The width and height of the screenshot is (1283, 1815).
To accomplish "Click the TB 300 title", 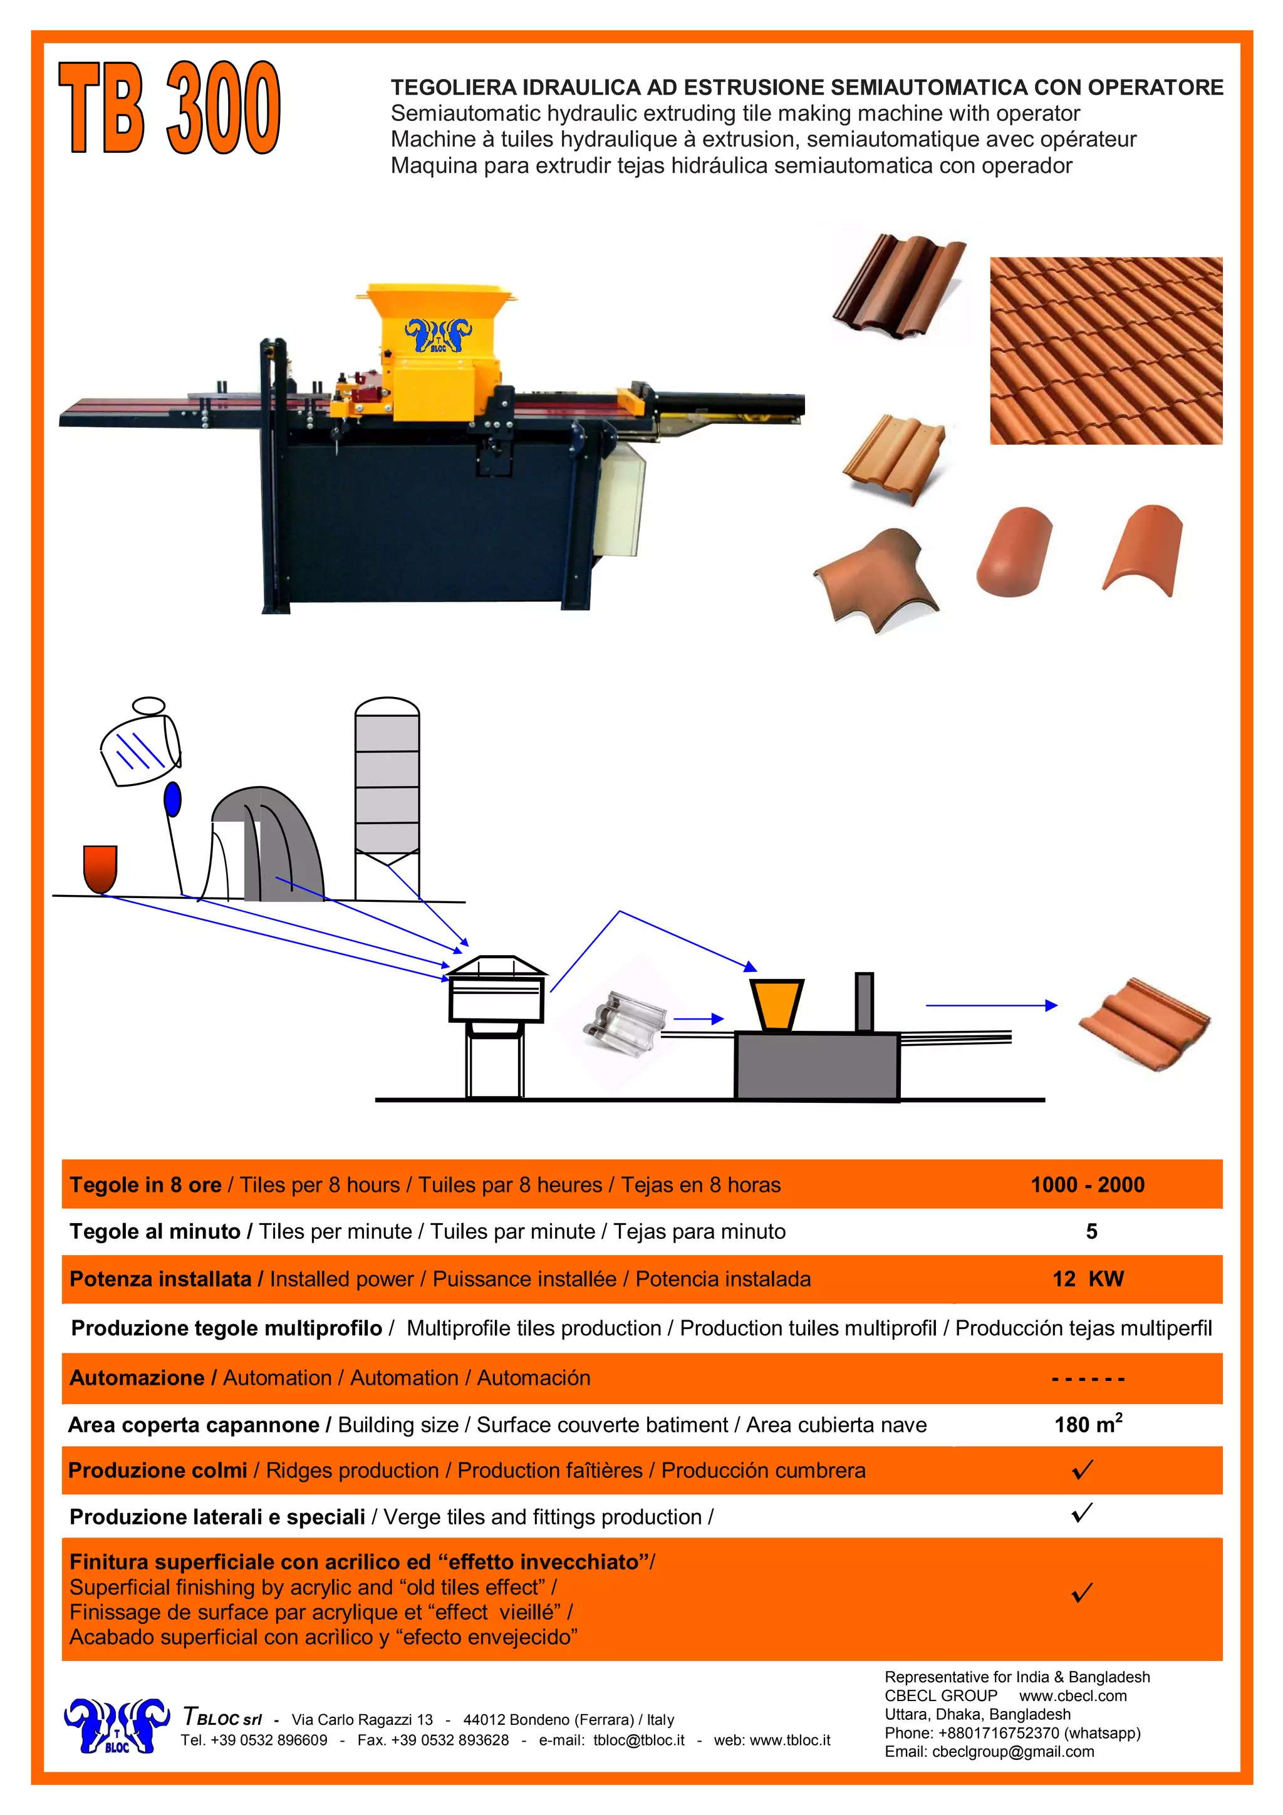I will coord(169,108).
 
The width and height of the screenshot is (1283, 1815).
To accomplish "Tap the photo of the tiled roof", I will coord(1105,350).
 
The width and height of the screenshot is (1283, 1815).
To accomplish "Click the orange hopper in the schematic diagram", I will coord(776,1005).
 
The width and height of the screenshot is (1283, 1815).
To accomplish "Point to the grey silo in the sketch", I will coord(387,799).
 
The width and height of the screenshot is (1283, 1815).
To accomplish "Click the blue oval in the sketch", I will coord(172,799).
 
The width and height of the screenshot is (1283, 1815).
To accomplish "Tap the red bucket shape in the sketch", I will coord(100,867).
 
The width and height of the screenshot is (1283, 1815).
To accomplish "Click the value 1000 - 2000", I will coord(1087,1184).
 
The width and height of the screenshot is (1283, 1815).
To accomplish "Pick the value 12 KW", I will coord(1088,1278).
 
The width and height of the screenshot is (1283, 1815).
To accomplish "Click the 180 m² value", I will coord(1088,1424).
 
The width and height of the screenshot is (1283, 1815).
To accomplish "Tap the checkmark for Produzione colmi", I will coord(1082,1469).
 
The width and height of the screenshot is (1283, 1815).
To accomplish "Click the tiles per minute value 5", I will coord(1091,1231).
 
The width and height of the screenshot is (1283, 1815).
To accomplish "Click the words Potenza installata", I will coord(160,1279).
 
